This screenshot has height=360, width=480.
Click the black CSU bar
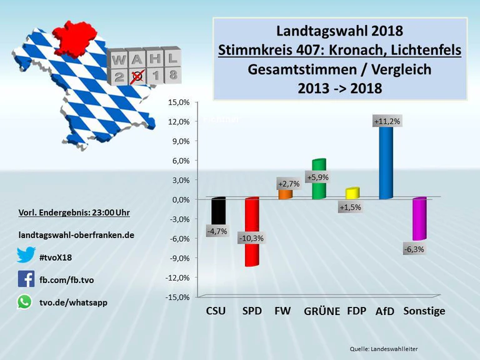coord(218,212)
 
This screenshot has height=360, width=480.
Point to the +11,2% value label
coord(386,121)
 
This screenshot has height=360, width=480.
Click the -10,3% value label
coord(251,239)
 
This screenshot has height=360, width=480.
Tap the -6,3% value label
coord(414,249)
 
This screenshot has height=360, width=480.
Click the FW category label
coord(282,311)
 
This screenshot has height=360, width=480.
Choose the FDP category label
coord(356,311)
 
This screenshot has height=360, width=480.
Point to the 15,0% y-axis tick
coord(179,102)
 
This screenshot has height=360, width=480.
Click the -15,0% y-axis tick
coord(177,297)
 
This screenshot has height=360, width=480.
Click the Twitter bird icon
coord(26,255)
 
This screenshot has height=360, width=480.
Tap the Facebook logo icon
coord(26,279)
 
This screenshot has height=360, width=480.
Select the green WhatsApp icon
coord(24,302)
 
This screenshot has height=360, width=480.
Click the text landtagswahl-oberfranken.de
coord(76,235)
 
